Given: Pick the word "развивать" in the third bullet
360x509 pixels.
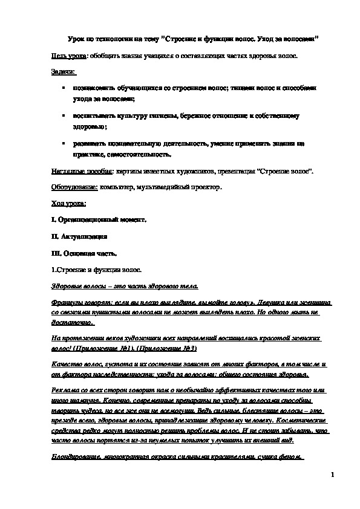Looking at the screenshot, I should [92, 144].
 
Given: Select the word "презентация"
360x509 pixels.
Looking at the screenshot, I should [235, 172].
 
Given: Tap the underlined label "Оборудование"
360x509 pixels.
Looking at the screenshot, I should [74, 187].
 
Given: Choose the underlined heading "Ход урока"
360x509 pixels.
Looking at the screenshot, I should [68, 203].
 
